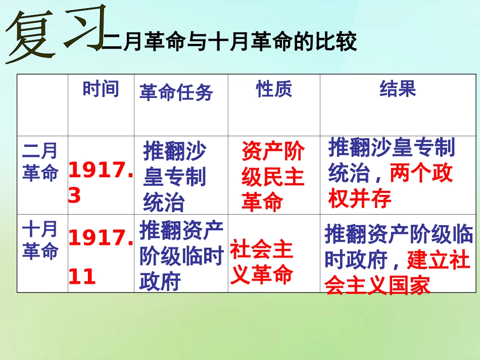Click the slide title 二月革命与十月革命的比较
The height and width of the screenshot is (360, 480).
[229, 41]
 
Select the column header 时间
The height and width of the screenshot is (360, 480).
[101, 89]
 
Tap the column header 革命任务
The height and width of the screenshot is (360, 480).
[176, 92]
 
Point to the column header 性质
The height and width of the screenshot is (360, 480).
[273, 89]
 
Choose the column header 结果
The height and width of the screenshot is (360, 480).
[398, 89]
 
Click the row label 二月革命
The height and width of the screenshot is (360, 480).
[40, 162]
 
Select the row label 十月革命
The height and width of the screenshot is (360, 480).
[40, 240]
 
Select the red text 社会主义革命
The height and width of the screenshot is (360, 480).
[262, 263]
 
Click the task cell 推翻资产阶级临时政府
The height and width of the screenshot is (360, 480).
[181, 256]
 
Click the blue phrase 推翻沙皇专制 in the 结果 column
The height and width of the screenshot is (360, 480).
[392, 148]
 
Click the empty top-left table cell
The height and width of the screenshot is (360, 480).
[42, 105]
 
